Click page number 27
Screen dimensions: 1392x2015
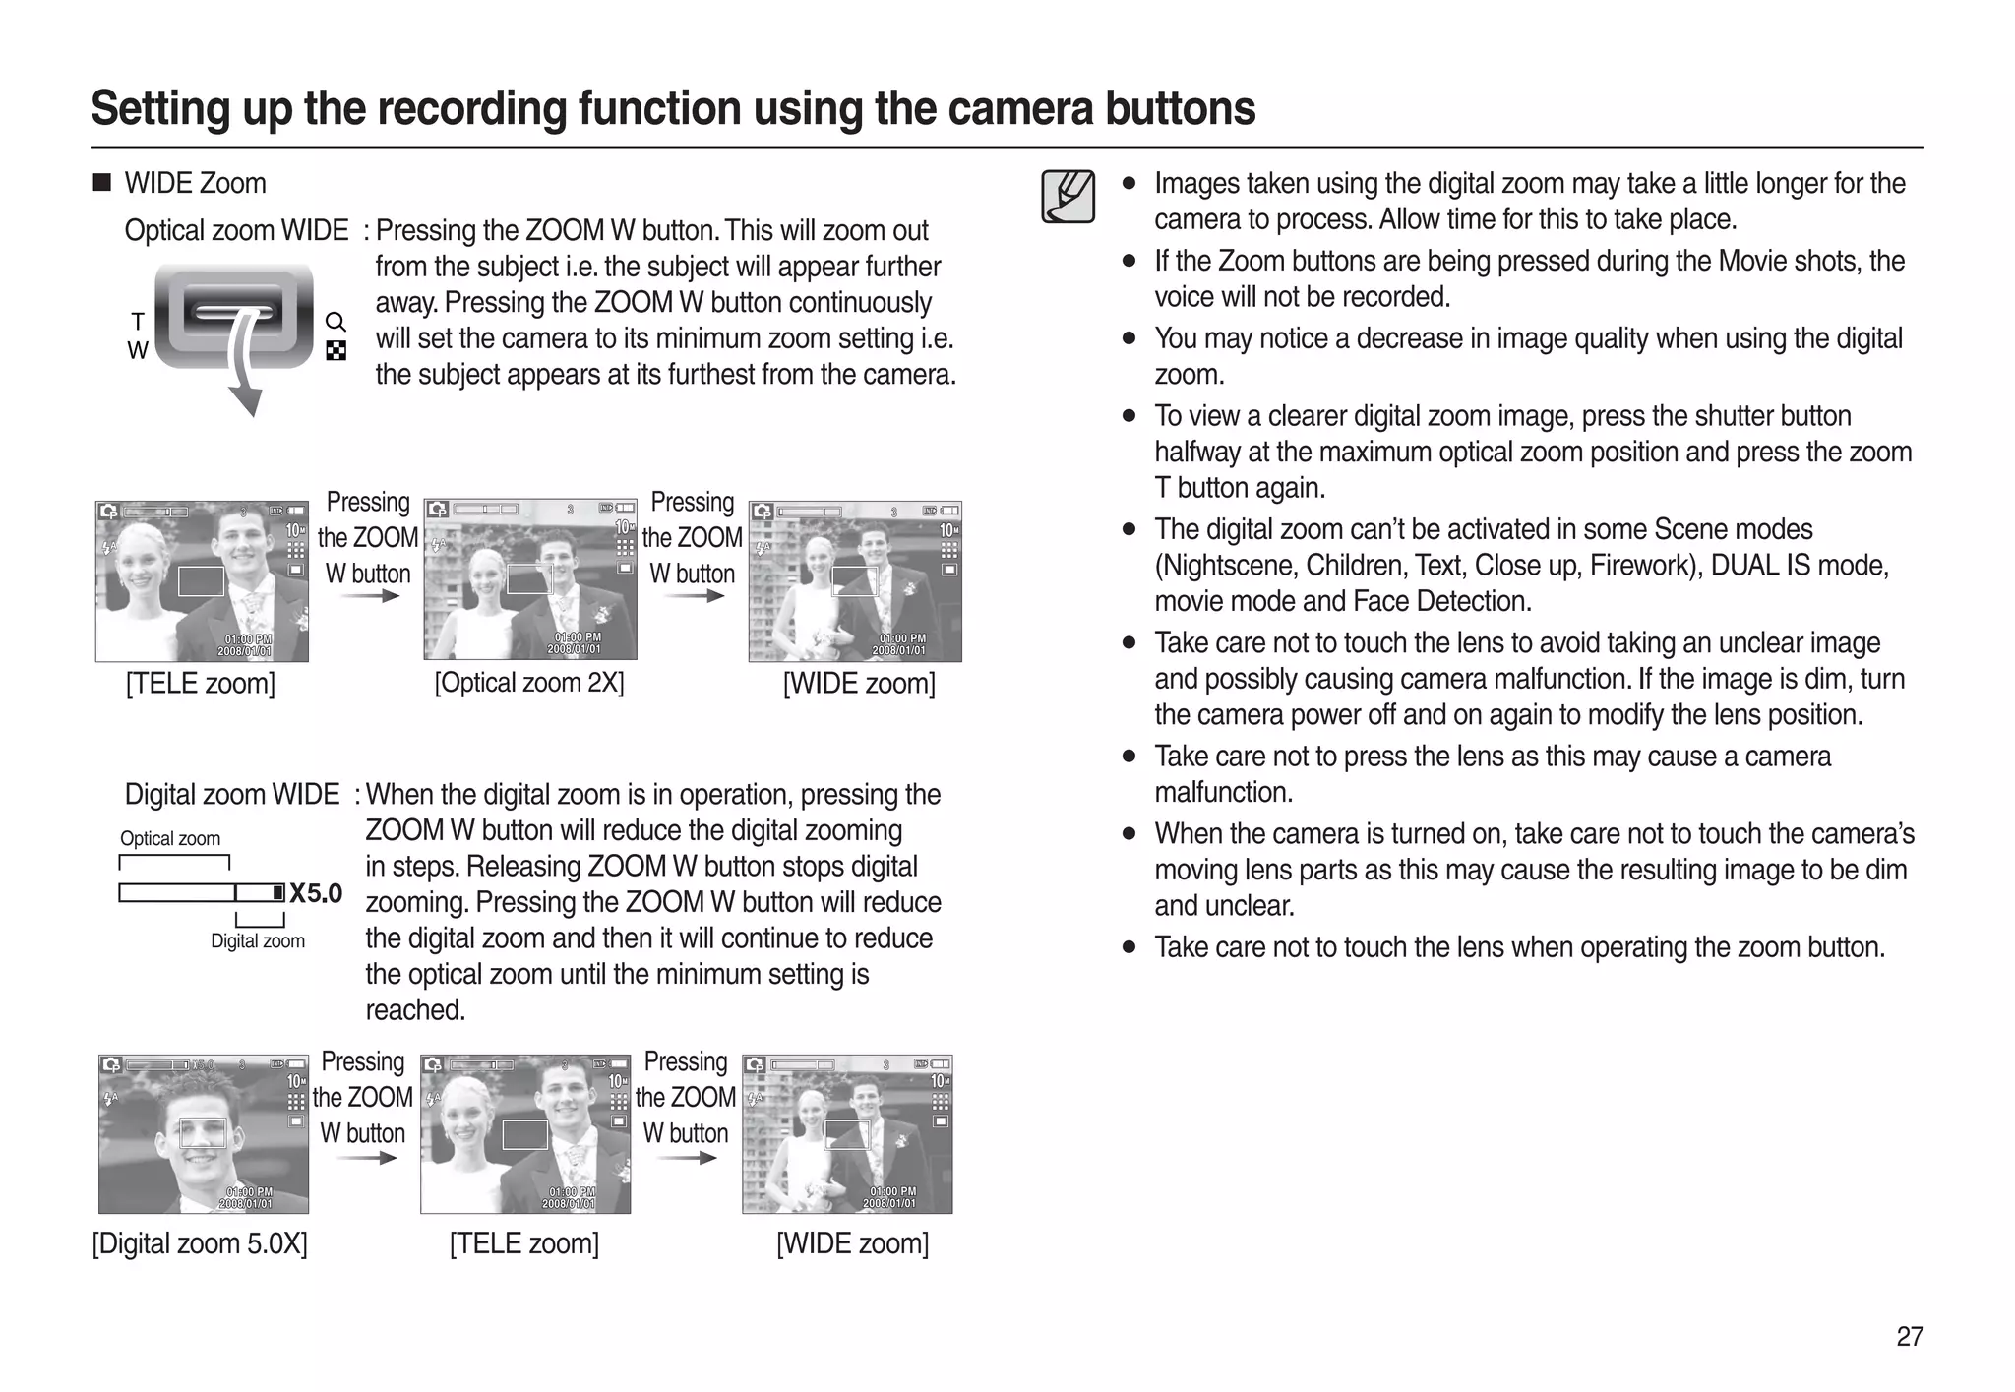point(1909,1336)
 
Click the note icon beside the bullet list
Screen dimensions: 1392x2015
point(1068,197)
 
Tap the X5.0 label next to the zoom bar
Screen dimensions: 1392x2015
point(316,893)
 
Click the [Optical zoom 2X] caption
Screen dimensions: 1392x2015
point(529,683)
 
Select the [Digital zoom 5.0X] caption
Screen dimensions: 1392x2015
point(200,1243)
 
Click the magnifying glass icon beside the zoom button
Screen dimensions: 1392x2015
point(336,322)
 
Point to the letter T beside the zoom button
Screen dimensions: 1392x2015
point(138,322)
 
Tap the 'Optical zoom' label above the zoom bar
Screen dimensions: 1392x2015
point(170,838)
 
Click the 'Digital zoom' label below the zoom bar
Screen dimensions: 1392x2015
point(258,941)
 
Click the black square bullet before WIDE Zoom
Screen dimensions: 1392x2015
point(101,183)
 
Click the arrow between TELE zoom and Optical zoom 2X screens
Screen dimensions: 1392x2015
point(376,595)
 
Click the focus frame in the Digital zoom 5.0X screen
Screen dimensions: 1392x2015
point(203,1133)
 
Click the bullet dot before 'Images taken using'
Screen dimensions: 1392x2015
point(1129,184)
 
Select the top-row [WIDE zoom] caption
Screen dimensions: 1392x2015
point(858,684)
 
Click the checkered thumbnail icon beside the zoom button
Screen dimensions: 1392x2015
point(336,351)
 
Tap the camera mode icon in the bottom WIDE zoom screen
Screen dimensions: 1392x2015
point(755,1064)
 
